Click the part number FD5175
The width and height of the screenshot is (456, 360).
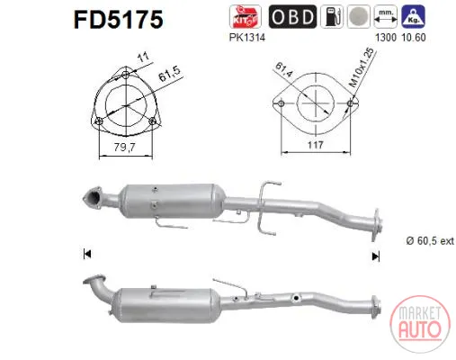(119, 20)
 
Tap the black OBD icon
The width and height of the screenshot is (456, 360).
(292, 17)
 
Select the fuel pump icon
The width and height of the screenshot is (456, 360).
(332, 17)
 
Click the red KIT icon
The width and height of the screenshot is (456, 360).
(245, 17)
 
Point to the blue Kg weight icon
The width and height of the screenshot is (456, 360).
(414, 17)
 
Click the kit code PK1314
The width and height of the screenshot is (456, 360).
(247, 38)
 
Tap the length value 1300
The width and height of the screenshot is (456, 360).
(386, 38)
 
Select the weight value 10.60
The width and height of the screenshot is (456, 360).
(414, 38)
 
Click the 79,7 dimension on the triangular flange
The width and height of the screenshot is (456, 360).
(124, 147)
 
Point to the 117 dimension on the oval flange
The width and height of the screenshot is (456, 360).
(316, 145)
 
